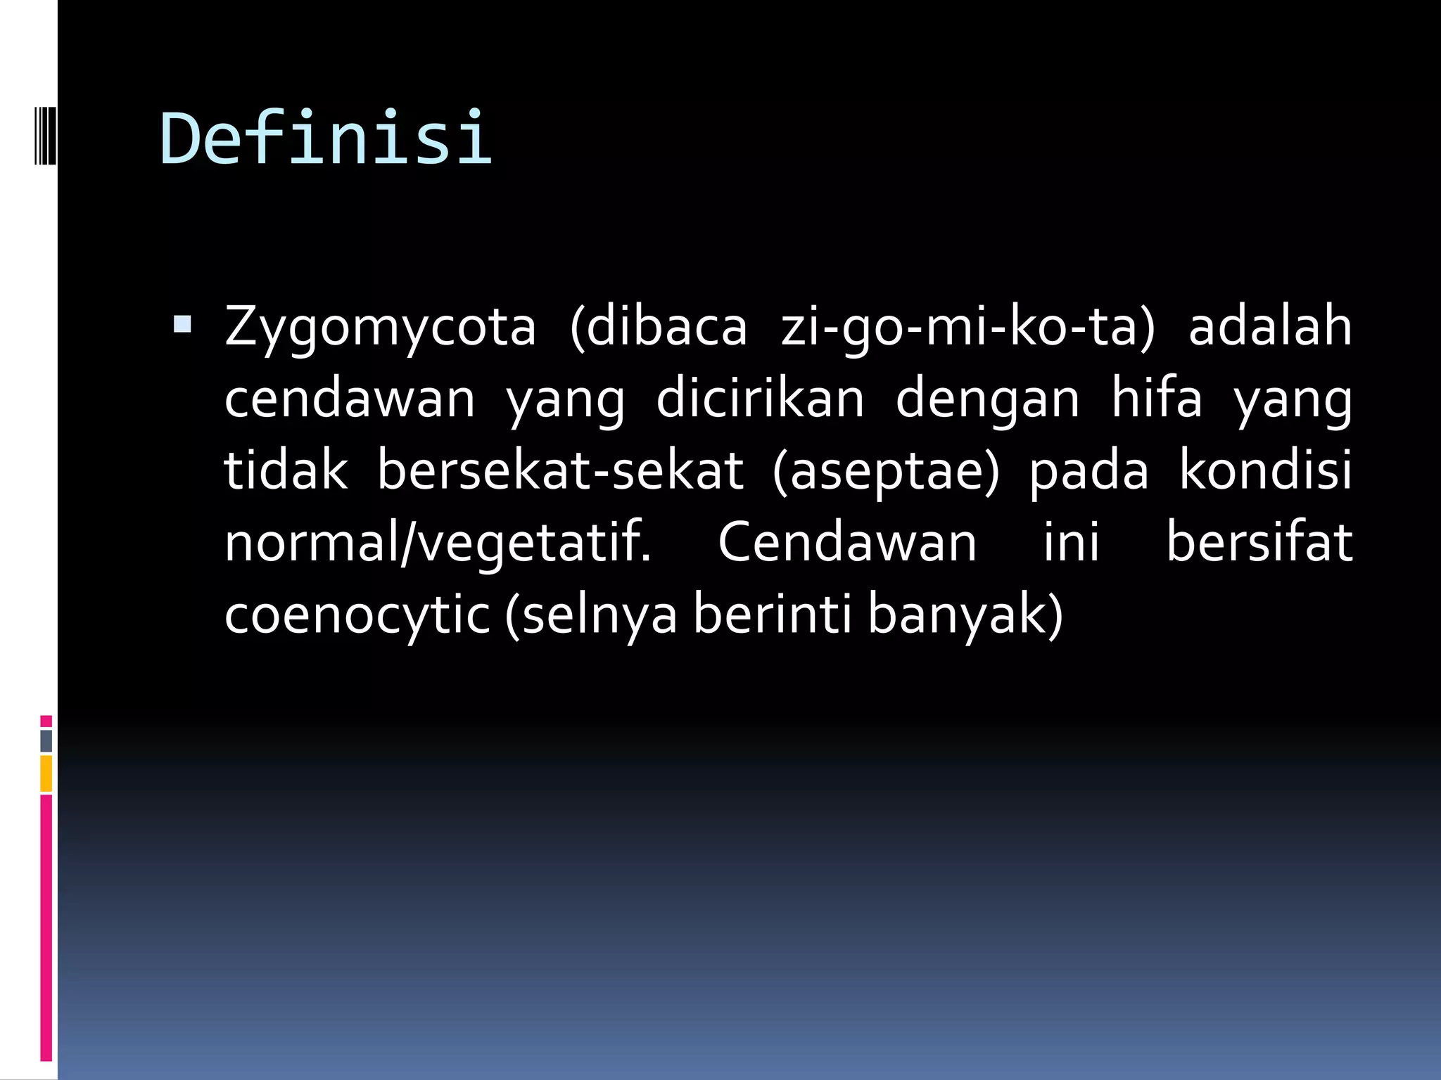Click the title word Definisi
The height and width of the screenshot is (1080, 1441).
pyautogui.click(x=326, y=139)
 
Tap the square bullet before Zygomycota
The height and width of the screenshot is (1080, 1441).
pyautogui.click(x=182, y=324)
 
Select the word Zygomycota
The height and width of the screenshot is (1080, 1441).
pyautogui.click(x=380, y=328)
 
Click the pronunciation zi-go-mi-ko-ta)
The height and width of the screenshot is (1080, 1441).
pyautogui.click(x=968, y=328)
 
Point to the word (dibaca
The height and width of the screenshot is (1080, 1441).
pyautogui.click(x=658, y=328)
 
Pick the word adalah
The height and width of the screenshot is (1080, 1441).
pyautogui.click(x=1270, y=328)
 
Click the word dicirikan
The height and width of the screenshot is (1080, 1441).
pyautogui.click(x=760, y=399)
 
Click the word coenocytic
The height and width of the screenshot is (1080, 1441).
pyautogui.click(x=357, y=615)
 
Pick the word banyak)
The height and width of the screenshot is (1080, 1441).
pyautogui.click(x=965, y=615)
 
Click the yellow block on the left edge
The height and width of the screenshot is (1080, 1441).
pyautogui.click(x=46, y=773)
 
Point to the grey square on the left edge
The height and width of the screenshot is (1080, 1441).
pyautogui.click(x=46, y=740)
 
